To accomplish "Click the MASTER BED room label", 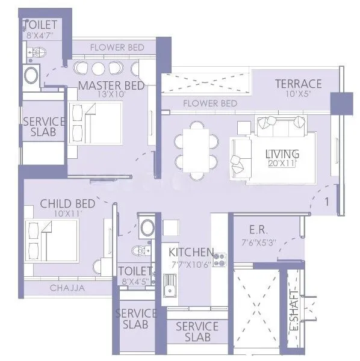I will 111,85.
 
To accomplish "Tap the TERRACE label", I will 298,84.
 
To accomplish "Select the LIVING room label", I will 282,154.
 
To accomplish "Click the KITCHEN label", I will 191,251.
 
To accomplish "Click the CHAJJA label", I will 67,288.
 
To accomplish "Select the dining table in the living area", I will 196,150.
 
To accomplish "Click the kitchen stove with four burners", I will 220,260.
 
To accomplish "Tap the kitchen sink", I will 170,285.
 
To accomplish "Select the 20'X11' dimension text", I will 282,163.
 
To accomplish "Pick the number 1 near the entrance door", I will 327,202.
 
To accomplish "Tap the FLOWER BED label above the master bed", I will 116,47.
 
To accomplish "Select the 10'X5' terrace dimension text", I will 299,94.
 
